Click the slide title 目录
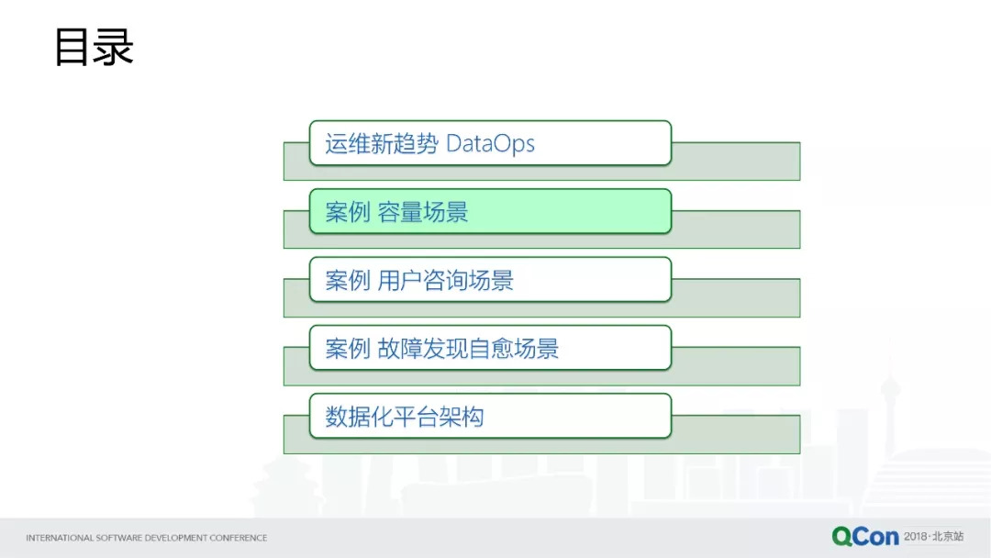[x=94, y=48]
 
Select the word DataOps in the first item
[x=490, y=144]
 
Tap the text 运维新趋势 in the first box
[x=381, y=144]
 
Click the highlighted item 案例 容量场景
[x=490, y=212]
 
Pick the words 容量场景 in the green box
[x=423, y=213]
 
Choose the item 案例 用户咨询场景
[x=490, y=280]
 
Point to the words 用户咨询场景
[x=445, y=281]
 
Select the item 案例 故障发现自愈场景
[x=490, y=349]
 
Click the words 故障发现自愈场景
[x=468, y=349]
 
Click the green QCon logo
[x=864, y=536]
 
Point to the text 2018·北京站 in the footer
[x=933, y=536]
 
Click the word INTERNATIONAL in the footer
[x=60, y=538]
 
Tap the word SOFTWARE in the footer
[x=117, y=538]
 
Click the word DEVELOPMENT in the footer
[x=173, y=538]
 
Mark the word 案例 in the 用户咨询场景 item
[x=348, y=281]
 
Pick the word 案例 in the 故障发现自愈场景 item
[x=348, y=349]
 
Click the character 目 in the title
[x=72, y=48]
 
